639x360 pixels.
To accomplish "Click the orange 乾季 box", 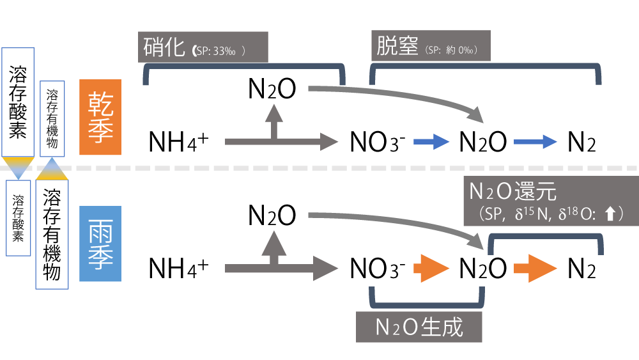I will [x=100, y=118].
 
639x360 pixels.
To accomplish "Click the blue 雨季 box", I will [x=100, y=244].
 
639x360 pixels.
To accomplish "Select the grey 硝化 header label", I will [x=204, y=48].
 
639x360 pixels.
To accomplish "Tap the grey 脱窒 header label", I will [x=431, y=48].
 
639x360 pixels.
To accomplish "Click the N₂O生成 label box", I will [x=419, y=327].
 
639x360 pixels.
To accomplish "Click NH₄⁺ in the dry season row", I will [x=178, y=142].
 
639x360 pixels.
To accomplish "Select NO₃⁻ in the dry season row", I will [x=378, y=142].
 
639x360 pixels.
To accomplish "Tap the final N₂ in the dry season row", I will [x=582, y=142].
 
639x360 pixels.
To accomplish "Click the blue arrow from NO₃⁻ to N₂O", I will [x=432, y=142].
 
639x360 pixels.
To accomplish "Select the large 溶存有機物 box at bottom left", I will [x=52, y=235].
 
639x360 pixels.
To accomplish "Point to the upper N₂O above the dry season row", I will [x=272, y=90].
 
